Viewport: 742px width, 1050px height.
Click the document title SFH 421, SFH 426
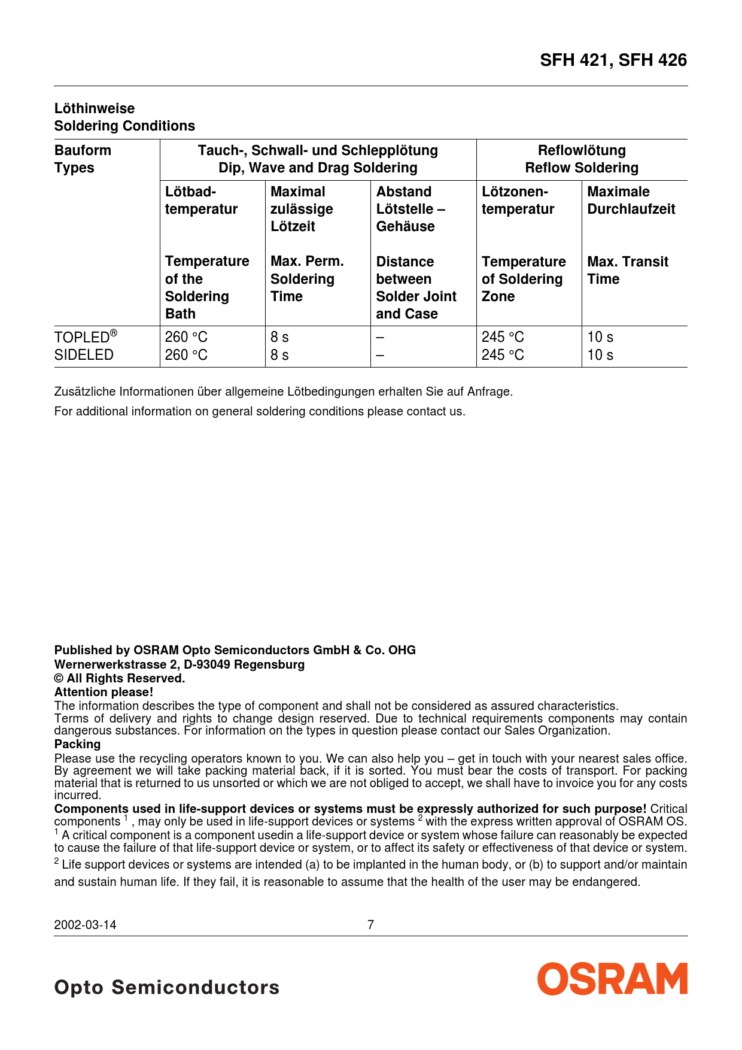coord(613,60)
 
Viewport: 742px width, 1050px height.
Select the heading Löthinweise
coord(95,108)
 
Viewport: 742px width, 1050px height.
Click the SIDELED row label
coord(84,355)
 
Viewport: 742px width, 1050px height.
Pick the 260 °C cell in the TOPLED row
coord(186,337)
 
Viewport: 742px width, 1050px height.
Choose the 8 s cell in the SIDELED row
coord(279,355)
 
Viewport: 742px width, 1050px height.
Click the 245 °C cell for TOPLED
coord(503,337)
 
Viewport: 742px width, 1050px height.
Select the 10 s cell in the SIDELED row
coord(600,355)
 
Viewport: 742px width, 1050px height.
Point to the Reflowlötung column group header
coord(582,151)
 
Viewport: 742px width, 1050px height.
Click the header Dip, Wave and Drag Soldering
coord(318,168)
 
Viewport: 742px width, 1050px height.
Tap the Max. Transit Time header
coord(628,271)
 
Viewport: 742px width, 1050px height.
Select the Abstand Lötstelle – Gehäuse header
coord(410,209)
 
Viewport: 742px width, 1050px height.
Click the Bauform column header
coord(83,151)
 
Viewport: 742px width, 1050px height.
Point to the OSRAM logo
coord(612,979)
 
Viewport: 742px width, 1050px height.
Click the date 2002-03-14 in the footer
coord(85,925)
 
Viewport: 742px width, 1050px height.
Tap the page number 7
coord(370,925)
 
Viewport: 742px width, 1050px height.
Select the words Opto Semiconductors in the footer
coord(167,987)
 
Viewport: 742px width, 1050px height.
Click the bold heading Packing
coord(77,744)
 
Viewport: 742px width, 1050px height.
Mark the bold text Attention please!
coord(104,692)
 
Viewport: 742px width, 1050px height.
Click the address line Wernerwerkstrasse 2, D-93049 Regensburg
coord(180,664)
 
